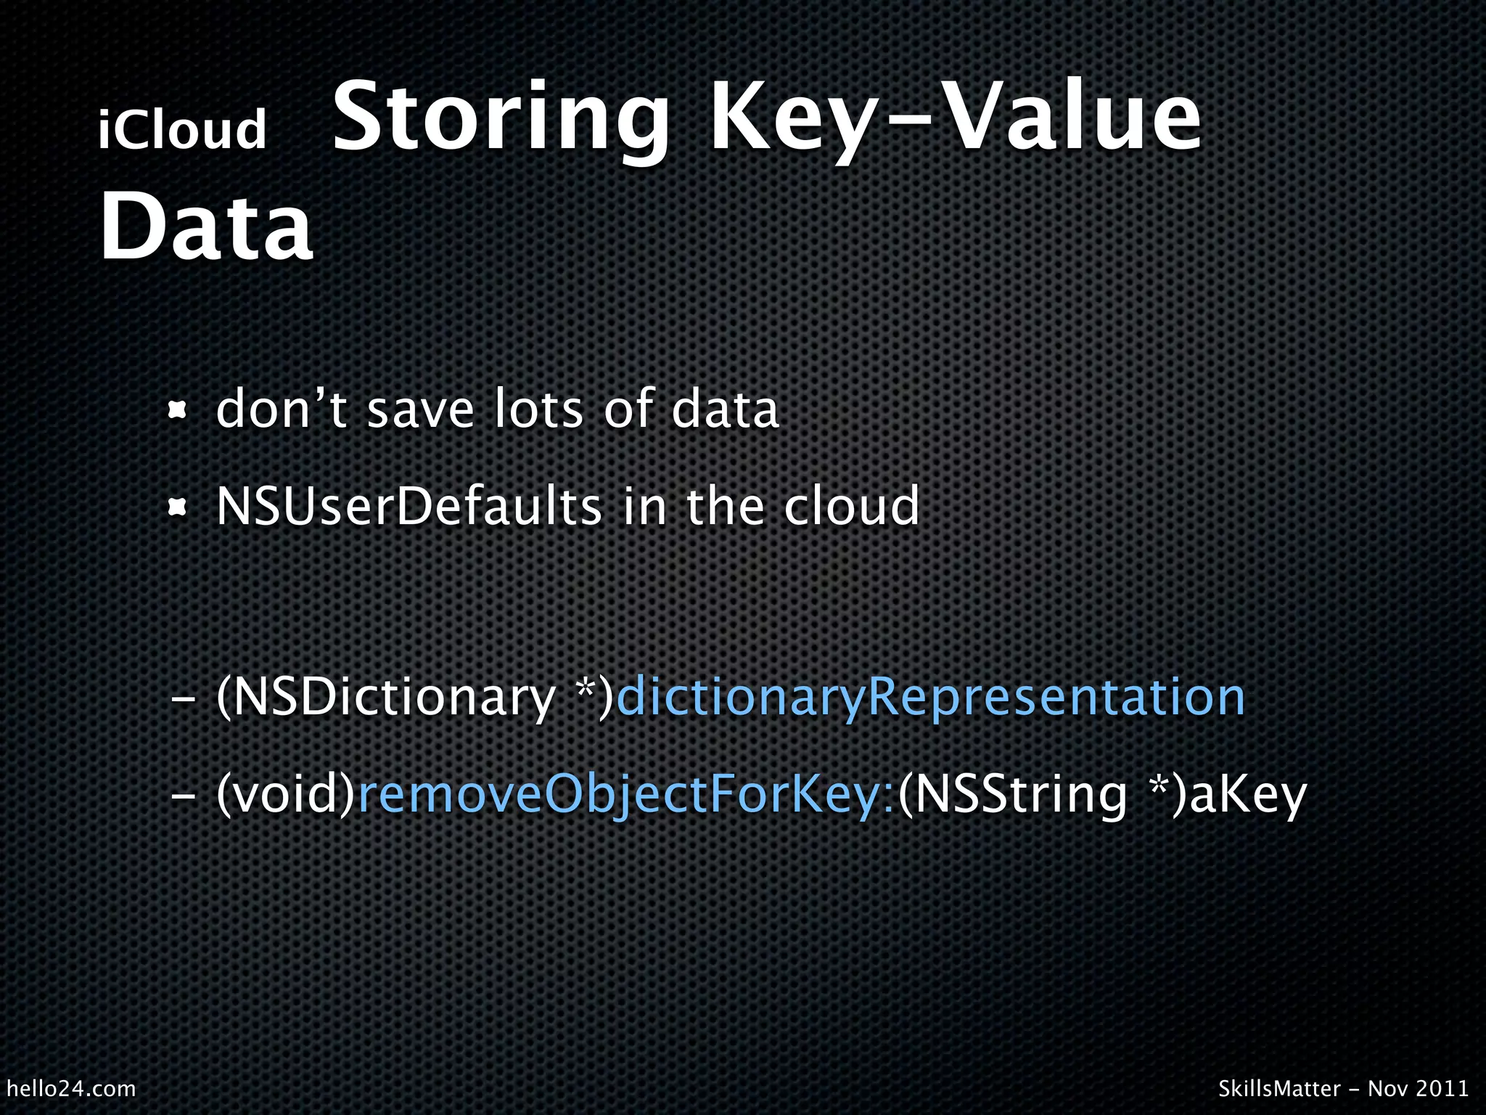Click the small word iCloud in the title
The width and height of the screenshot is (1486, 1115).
click(x=183, y=130)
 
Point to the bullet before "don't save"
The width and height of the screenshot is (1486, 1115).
click(x=177, y=412)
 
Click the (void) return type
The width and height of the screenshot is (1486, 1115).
click(x=286, y=795)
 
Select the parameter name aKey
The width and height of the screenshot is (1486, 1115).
click(x=1248, y=795)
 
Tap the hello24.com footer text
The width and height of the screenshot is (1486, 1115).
click(x=71, y=1088)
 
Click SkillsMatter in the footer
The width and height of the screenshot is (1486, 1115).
click(x=1279, y=1088)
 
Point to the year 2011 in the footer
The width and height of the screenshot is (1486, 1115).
click(x=1443, y=1088)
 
